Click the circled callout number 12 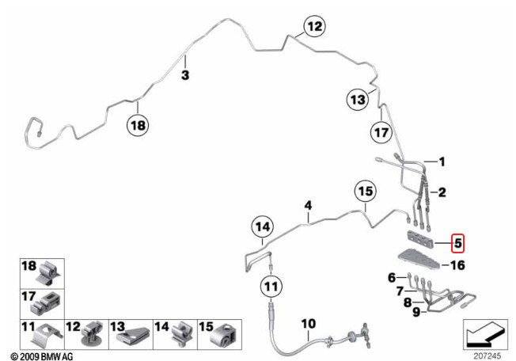tap(315, 26)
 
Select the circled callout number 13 tap(358, 99)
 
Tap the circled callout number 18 tap(138, 125)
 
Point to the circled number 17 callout tap(381, 133)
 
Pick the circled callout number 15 tap(366, 192)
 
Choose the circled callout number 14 tap(263, 227)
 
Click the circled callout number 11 tap(271, 287)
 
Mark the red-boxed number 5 tap(457, 244)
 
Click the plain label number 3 tap(185, 75)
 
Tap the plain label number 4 tap(308, 206)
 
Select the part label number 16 tap(457, 265)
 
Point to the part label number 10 tap(309, 324)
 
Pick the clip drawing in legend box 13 tap(133, 336)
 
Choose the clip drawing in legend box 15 tap(223, 336)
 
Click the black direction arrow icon tap(485, 334)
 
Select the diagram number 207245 tap(487, 355)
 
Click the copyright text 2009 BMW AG tap(42, 356)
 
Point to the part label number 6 tap(392, 277)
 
